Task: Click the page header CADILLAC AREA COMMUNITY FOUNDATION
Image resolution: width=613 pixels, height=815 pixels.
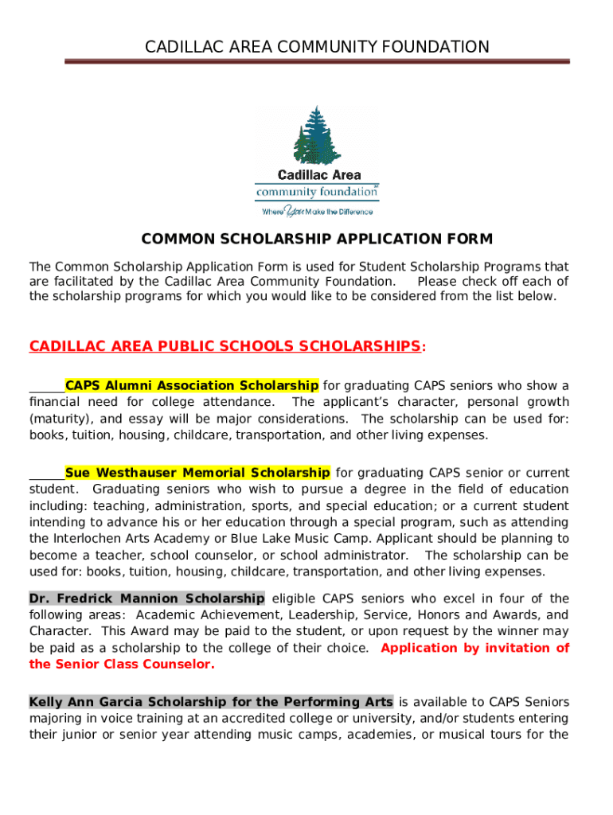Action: tap(317, 47)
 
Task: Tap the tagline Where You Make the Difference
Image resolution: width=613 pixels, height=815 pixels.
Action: tap(317, 212)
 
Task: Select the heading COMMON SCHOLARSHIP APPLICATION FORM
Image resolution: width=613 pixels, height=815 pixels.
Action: tap(317, 239)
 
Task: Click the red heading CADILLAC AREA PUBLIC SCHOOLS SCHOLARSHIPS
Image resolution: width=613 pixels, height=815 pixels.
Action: tap(225, 346)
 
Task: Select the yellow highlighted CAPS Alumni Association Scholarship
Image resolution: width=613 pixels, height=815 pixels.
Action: tap(192, 386)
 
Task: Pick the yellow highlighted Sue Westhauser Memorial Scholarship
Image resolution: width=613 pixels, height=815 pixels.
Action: tap(197, 473)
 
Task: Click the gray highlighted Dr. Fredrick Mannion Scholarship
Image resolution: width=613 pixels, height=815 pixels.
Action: tap(146, 599)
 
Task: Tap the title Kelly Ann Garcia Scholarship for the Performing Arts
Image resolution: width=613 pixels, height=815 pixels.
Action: tap(211, 702)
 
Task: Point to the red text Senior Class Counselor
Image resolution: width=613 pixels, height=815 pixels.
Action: tap(122, 665)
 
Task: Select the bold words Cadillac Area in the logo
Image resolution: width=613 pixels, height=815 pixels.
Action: tap(318, 175)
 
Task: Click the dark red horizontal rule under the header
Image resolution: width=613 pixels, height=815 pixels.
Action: tap(317, 61)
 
